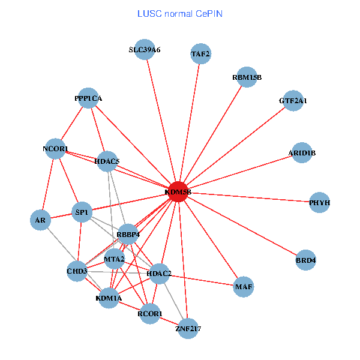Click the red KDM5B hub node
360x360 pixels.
tap(178, 192)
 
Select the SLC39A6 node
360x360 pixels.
tap(145, 50)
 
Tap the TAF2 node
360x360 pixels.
tap(200, 54)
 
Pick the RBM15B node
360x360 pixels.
tap(247, 77)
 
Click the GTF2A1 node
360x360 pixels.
tap(293, 101)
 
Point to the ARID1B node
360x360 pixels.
tap(302, 153)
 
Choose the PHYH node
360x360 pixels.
tap(320, 203)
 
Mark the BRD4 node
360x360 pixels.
tap(306, 260)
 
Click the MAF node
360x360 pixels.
tap(244, 287)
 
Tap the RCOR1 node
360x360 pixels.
tap(150, 314)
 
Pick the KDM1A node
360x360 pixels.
tap(109, 298)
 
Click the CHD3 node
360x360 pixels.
tap(77, 271)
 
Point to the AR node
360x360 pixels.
tap(40, 220)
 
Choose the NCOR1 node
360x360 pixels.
tap(56, 149)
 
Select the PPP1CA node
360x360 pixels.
tap(88, 98)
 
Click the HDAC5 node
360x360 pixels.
tap(107, 161)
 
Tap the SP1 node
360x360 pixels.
tap(82, 212)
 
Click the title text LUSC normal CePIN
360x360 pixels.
tap(180, 13)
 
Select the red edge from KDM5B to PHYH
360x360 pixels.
tap(252, 197)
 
